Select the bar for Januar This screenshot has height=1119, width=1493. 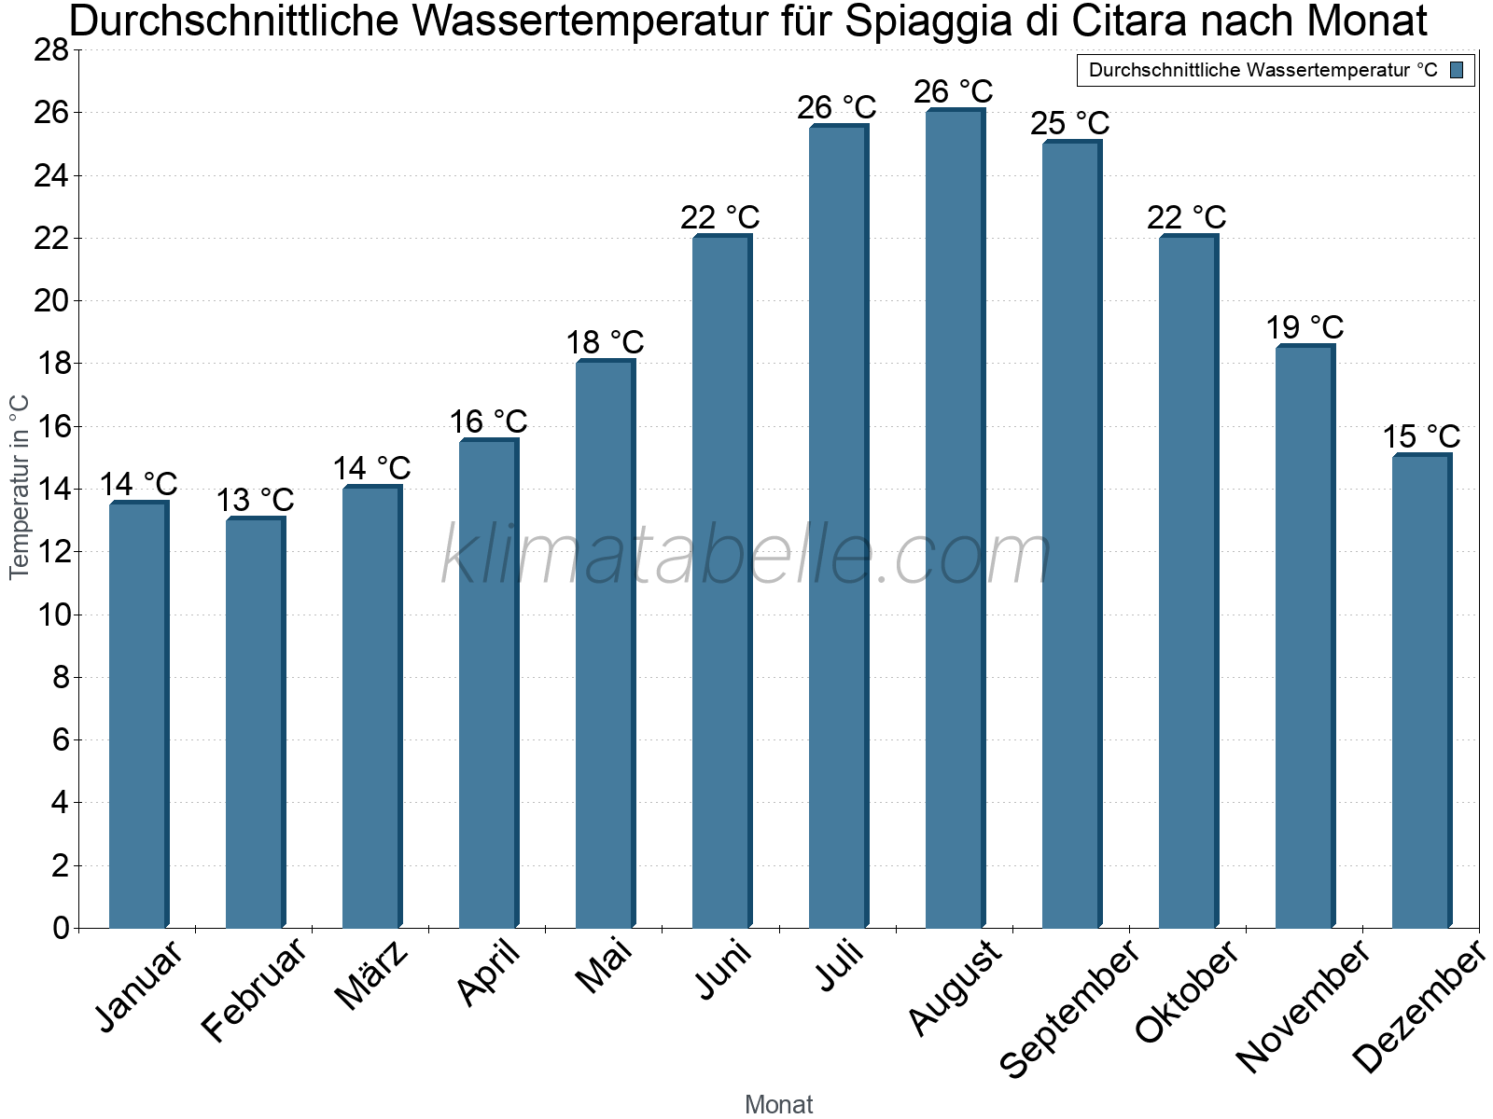pos(138,715)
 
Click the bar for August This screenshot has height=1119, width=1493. pos(955,518)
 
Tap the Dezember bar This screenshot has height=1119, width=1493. pos(1421,691)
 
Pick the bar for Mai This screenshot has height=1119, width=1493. pos(605,644)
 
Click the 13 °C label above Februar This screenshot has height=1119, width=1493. pos(255,501)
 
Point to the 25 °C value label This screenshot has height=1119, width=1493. pos(1070,124)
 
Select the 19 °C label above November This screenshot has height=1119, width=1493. pos(1305,328)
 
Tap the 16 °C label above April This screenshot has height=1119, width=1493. pos(488,422)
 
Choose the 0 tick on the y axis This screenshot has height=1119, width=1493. pos(62,928)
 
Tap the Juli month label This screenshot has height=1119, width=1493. pos(842,966)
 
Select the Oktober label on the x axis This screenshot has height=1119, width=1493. pos(1187,992)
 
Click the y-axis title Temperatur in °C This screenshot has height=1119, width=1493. pos(20,487)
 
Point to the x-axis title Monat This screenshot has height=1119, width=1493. pos(778,1105)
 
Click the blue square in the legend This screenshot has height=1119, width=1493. pos(1457,70)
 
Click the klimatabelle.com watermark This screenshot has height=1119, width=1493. pos(746,556)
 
